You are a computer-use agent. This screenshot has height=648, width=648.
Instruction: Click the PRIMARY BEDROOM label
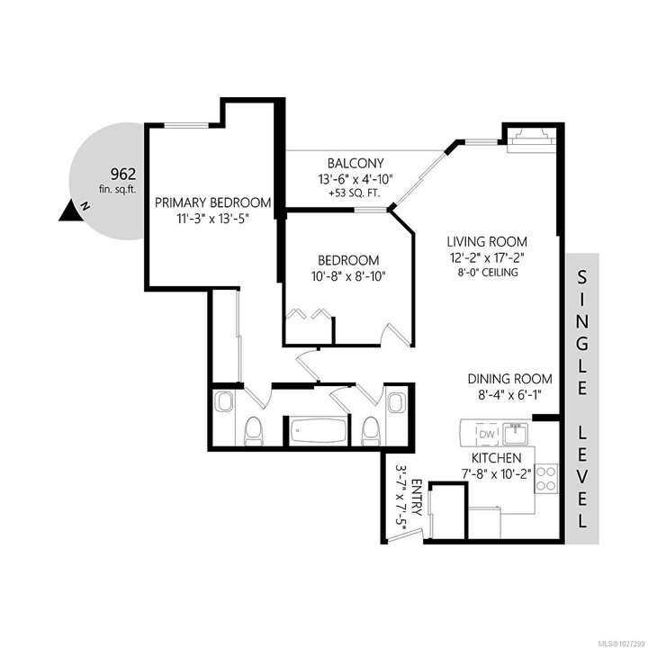click(212, 202)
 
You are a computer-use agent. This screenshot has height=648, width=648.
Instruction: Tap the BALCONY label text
click(355, 163)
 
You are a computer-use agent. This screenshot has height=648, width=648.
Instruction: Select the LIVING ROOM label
click(487, 241)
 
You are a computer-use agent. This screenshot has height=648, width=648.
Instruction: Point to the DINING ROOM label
click(509, 379)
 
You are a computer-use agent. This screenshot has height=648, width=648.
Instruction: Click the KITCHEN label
click(496, 458)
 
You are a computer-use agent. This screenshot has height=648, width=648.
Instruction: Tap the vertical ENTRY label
click(417, 497)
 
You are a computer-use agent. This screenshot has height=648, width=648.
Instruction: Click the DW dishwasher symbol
click(488, 434)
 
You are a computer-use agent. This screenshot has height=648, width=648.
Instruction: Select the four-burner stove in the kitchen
click(546, 478)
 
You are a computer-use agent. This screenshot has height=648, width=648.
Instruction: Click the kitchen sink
click(515, 434)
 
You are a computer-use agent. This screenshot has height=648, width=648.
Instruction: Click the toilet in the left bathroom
click(253, 431)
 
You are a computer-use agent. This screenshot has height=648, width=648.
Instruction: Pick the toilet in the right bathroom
click(370, 431)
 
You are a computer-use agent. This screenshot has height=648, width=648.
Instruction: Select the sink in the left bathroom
click(224, 401)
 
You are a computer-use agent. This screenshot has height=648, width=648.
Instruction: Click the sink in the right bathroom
click(396, 401)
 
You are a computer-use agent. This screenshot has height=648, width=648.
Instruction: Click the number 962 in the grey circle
click(122, 174)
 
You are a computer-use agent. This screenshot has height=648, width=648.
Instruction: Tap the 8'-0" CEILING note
click(487, 273)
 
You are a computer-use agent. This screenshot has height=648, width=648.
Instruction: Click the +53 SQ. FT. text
click(355, 193)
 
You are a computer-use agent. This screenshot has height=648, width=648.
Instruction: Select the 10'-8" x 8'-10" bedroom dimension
click(348, 276)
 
